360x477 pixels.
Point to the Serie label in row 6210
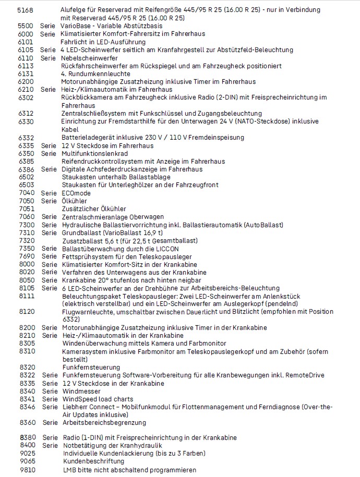click(x=49, y=89)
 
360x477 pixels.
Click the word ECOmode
click(x=76, y=193)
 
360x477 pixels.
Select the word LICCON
click(x=164, y=248)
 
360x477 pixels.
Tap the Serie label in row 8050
click(x=49, y=280)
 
